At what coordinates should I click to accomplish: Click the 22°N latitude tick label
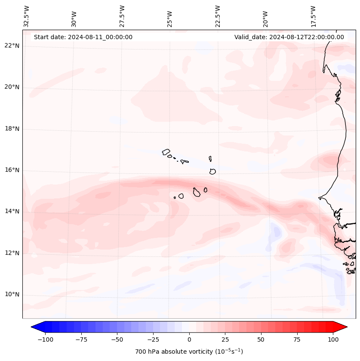click(12, 46)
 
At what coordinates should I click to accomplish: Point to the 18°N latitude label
click(12, 129)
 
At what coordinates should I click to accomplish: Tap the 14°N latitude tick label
click(12, 211)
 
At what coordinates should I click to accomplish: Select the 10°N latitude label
click(12, 294)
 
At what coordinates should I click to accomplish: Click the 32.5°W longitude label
click(27, 16)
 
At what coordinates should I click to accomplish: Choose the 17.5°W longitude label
click(313, 16)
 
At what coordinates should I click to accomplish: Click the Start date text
click(83, 37)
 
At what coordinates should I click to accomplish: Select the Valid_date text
click(289, 37)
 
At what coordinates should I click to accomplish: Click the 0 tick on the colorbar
click(189, 339)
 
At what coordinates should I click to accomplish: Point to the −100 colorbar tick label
click(45, 339)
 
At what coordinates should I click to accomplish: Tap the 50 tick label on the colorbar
click(261, 339)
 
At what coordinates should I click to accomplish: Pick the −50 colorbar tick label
click(117, 339)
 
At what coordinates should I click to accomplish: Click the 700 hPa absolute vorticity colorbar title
click(189, 352)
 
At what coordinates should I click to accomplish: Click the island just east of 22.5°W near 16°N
click(212, 171)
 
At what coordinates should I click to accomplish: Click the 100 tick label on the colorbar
click(333, 339)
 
